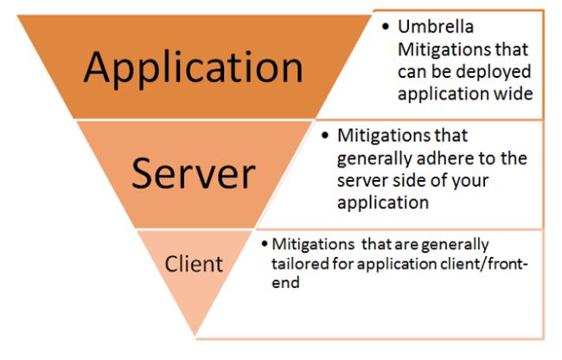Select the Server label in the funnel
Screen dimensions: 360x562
pos(193,174)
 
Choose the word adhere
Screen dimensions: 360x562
pos(456,158)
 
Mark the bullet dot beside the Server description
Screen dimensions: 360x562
pos(324,136)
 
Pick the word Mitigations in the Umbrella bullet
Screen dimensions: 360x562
pos(437,49)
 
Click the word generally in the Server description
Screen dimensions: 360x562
pos(374,158)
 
